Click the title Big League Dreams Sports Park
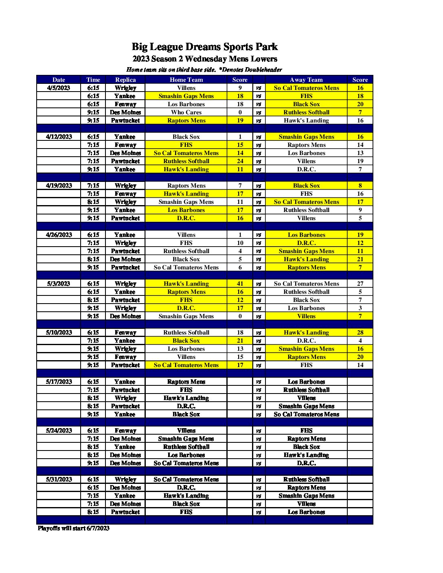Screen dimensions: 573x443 (x=204, y=47)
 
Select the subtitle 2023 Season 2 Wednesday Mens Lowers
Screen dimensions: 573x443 (x=204, y=59)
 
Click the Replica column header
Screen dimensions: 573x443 (x=125, y=80)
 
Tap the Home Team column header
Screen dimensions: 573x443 (x=186, y=80)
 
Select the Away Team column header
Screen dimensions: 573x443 (x=306, y=80)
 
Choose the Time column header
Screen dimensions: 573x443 (x=93, y=80)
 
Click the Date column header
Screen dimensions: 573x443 (x=59, y=80)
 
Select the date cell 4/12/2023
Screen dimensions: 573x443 (x=59, y=137)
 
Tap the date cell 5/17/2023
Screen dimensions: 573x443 (x=59, y=382)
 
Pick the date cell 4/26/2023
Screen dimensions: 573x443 (x=59, y=235)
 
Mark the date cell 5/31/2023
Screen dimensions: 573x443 (x=59, y=479)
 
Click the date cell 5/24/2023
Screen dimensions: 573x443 (x=59, y=431)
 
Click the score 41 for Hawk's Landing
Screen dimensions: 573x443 (x=240, y=284)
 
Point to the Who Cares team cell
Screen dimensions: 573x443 (x=186, y=112)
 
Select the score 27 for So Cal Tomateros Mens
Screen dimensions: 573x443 (x=360, y=284)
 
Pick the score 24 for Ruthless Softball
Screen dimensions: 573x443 (x=240, y=161)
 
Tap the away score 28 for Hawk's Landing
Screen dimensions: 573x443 (x=360, y=332)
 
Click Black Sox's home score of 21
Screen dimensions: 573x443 (x=240, y=341)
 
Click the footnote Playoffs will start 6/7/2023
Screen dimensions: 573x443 (x=74, y=528)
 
